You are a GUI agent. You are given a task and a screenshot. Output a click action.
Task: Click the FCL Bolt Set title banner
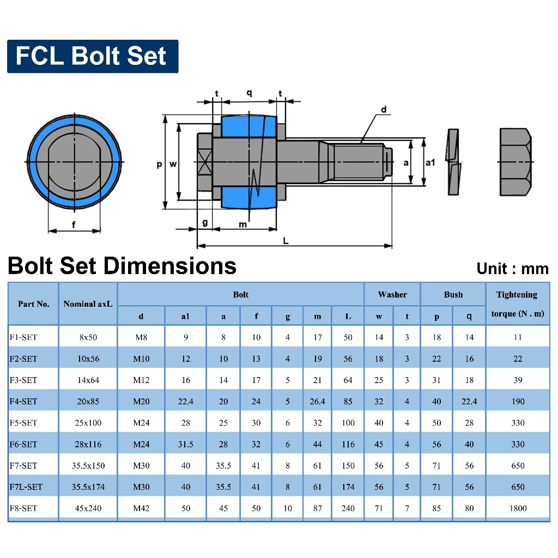92,56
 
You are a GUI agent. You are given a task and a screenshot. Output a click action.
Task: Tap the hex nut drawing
515,162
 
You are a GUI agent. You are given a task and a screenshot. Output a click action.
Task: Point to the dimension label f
74,223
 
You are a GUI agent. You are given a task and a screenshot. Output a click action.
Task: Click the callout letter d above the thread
383,110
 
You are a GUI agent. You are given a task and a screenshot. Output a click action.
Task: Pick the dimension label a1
430,162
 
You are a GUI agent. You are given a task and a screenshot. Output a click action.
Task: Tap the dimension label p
159,163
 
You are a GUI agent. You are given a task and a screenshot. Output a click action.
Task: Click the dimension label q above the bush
250,93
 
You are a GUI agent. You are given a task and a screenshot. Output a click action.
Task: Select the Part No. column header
33,304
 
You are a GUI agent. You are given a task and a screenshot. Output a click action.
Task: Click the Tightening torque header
517,304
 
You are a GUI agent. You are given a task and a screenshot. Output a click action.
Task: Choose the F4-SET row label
23,402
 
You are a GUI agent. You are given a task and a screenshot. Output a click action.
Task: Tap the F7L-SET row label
26,487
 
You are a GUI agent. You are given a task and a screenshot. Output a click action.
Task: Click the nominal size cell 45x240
88,508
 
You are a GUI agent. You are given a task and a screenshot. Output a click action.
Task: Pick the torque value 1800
518,508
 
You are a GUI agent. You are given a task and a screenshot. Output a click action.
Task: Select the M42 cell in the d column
141,508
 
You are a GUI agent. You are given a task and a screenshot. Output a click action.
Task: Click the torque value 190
518,402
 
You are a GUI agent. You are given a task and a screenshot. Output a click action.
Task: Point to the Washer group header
392,295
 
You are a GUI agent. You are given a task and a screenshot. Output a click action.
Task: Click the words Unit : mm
512,268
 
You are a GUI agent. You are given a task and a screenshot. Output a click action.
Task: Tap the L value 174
348,487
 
